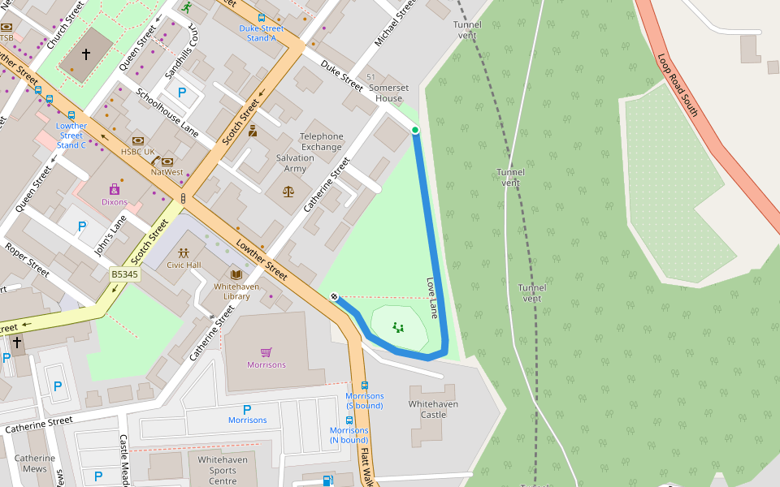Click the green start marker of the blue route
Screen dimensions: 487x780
pos(415,130)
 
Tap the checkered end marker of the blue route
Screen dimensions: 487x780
pos(334,297)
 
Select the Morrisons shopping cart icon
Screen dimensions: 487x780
pos(266,352)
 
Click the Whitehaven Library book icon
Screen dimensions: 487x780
pos(236,274)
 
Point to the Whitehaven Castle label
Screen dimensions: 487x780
pos(433,409)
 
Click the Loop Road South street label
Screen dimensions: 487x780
pos(678,85)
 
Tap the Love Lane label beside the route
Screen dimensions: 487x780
pos(433,298)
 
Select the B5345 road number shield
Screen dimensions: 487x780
pos(125,274)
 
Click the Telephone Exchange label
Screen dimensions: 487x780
pos(322,142)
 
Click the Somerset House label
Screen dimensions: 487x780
pos(385,93)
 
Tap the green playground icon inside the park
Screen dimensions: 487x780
pos(398,328)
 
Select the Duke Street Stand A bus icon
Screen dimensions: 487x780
pos(262,17)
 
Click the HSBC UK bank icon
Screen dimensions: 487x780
pos(137,140)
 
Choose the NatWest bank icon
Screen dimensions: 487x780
pos(167,162)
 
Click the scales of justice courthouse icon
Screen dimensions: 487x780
pos(288,192)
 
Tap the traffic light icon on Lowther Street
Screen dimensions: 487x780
pos(184,198)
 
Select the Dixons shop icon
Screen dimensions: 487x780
pos(114,190)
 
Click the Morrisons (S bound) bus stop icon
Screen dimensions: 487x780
pos(364,386)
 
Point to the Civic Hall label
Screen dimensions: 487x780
pos(184,265)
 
